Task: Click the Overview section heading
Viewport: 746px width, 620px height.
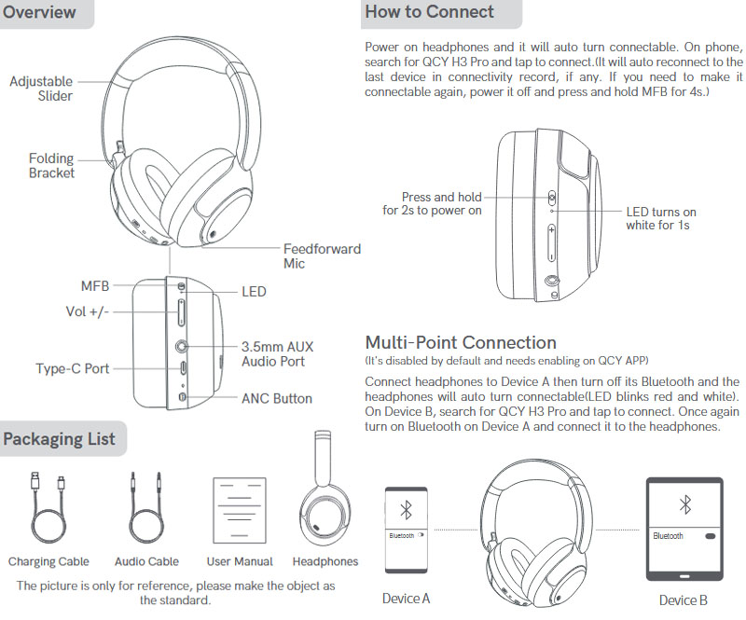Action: (x=39, y=12)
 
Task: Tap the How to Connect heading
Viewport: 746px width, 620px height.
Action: (x=429, y=11)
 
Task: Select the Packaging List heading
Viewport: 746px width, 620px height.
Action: (x=59, y=439)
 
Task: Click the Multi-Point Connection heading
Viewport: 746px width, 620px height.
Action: (x=461, y=342)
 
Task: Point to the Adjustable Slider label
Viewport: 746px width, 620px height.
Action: (x=41, y=89)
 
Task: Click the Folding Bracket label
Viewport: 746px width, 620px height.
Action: (x=51, y=165)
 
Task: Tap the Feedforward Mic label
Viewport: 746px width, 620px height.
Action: (x=322, y=256)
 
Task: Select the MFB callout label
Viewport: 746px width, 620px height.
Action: (x=95, y=286)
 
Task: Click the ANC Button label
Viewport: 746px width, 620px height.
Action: (x=277, y=398)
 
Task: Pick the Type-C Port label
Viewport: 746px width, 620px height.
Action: (x=73, y=368)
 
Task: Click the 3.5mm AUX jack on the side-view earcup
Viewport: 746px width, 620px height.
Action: (x=181, y=346)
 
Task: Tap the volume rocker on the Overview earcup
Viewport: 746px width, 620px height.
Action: (x=181, y=312)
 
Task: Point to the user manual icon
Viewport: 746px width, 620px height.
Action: (x=240, y=511)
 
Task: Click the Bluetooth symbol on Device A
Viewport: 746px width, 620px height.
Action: (x=406, y=510)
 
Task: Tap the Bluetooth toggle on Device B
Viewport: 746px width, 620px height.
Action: (x=710, y=536)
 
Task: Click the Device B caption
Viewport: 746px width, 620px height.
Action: (x=684, y=600)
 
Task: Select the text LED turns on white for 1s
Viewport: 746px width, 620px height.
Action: (x=661, y=218)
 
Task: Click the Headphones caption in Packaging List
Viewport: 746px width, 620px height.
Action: (x=325, y=561)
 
